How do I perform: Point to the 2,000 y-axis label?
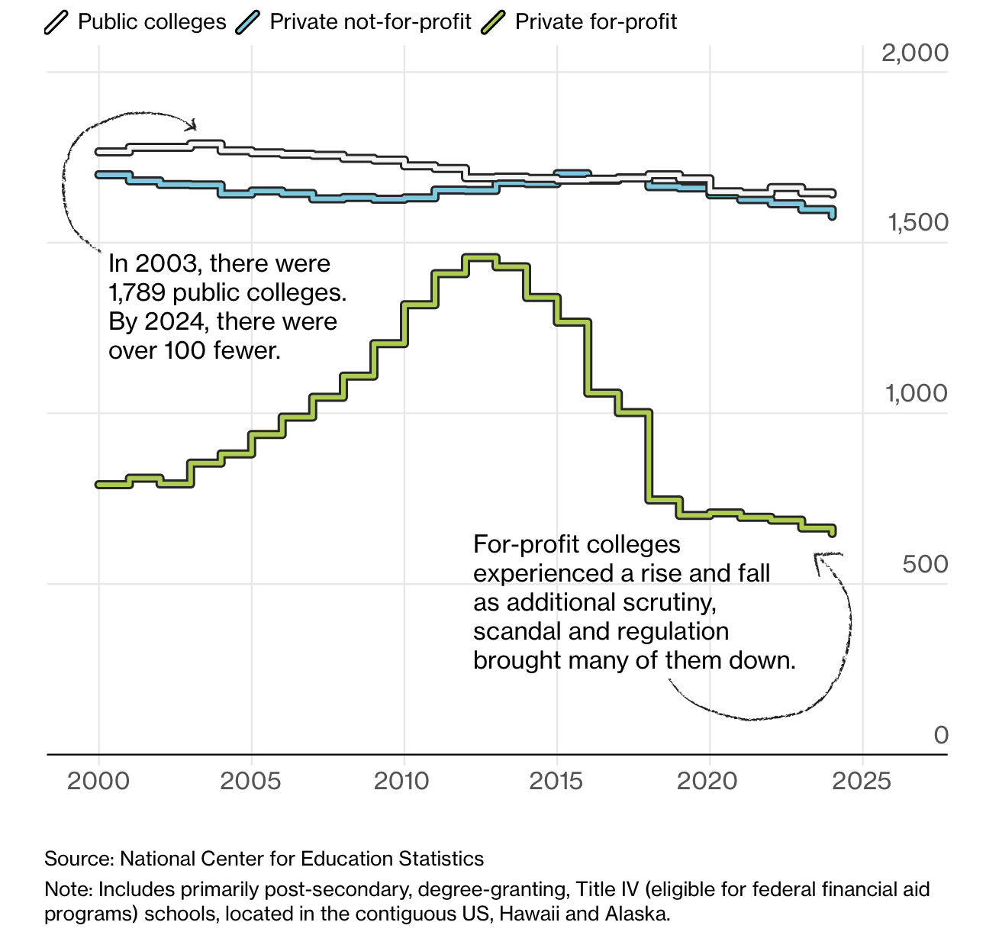click(914, 53)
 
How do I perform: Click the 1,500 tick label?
click(917, 222)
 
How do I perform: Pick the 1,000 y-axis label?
click(916, 393)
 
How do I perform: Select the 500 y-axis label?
click(925, 564)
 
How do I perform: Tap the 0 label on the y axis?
click(941, 734)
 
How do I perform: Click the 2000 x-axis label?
click(98, 781)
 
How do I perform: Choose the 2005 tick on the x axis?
click(250, 781)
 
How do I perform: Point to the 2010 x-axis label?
click(403, 781)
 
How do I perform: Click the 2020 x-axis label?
click(708, 781)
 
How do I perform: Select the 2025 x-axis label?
click(861, 781)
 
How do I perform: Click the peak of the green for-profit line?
click(481, 257)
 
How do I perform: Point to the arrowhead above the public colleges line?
click(194, 124)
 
